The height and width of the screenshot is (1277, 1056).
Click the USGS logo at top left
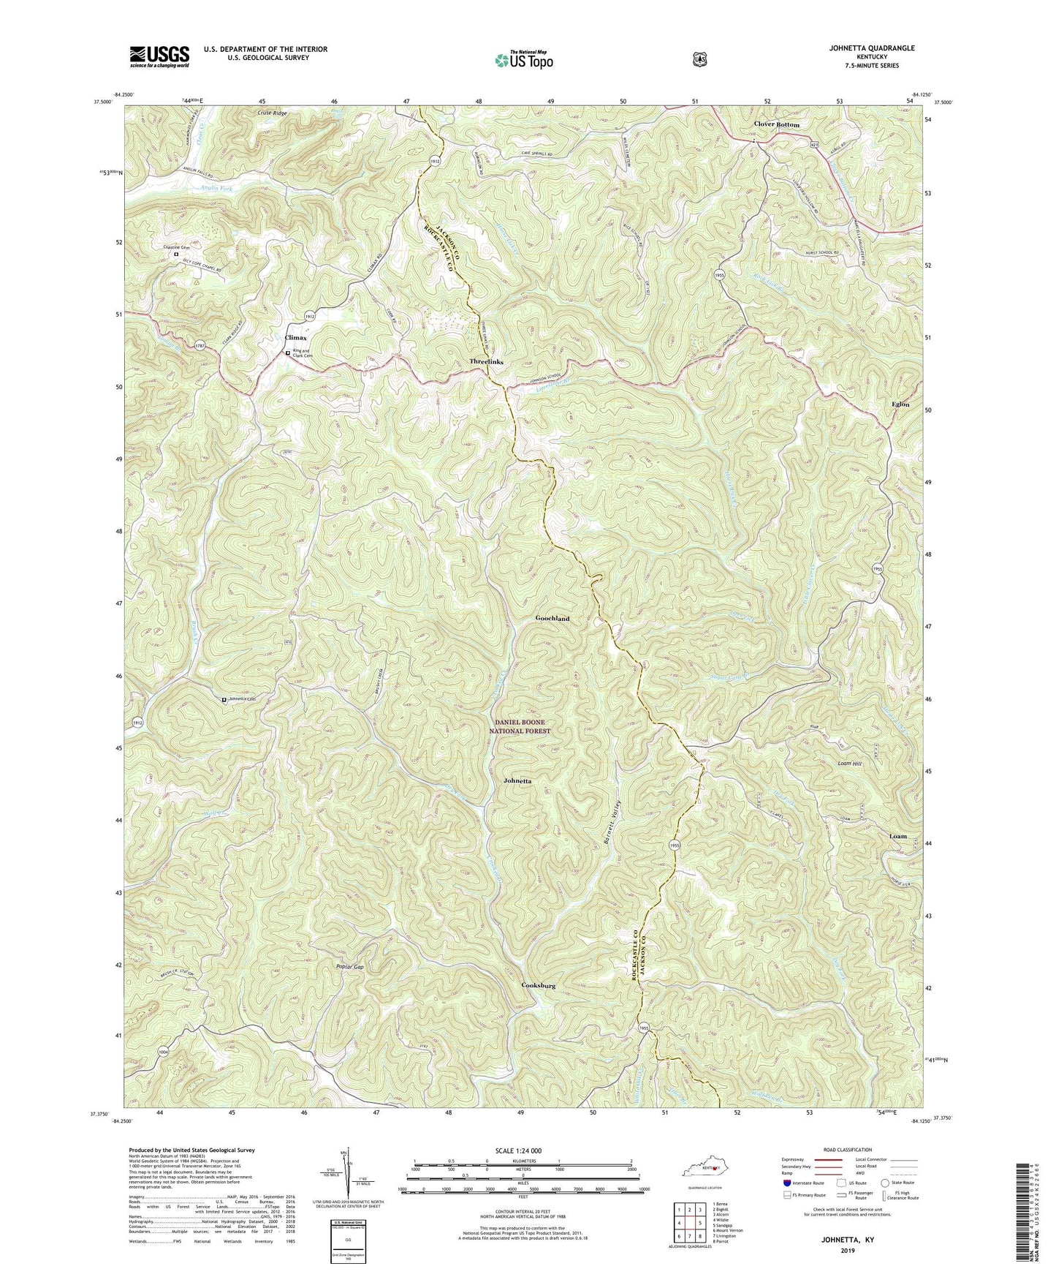coord(159,56)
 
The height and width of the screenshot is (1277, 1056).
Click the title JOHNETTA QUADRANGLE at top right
coord(868,48)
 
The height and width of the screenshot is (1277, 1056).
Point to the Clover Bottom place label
coord(777,124)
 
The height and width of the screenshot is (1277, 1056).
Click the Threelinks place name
coord(486,361)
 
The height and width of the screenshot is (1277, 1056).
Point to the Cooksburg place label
coord(539,985)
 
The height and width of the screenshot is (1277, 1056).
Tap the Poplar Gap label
coord(349,967)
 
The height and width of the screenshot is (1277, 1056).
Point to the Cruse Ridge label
coord(273,113)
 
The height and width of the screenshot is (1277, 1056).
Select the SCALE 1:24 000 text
coord(522,1150)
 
